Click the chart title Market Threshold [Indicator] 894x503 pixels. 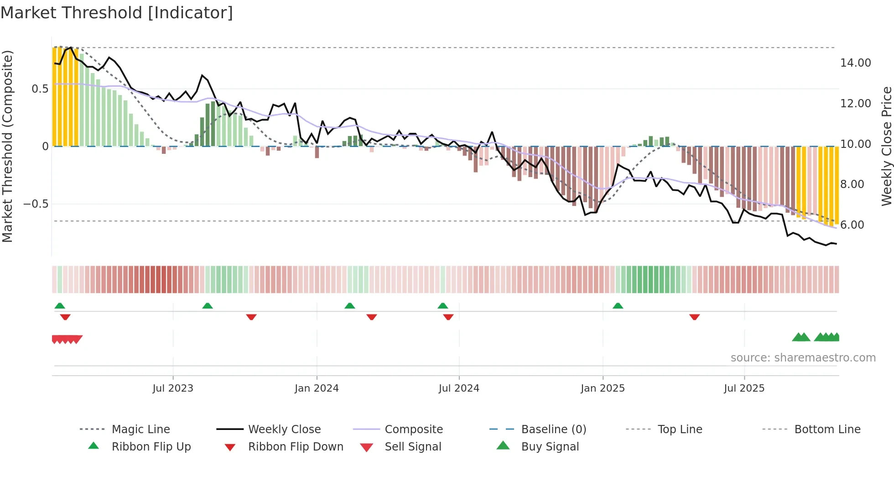point(117,13)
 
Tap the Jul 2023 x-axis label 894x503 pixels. point(173,388)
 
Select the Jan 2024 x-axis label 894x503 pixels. point(317,388)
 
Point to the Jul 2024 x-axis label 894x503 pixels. point(459,388)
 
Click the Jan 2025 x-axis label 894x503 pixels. point(603,388)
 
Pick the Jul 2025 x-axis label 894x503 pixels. point(744,388)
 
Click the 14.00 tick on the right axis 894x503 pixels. point(855,63)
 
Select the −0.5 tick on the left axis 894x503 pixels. point(36,204)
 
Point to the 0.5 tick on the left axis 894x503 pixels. point(40,89)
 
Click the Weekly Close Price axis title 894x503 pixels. point(886,146)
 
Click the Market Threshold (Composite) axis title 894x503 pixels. point(7,146)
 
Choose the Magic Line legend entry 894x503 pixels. point(140,430)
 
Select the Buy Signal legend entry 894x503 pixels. point(550,447)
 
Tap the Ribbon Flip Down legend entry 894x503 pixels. point(295,447)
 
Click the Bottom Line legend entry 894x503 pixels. point(827,430)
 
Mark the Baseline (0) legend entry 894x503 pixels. point(553,430)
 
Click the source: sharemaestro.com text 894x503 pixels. point(803,358)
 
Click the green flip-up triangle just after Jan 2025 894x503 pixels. point(618,306)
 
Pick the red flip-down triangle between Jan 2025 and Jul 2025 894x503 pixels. point(694,317)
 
